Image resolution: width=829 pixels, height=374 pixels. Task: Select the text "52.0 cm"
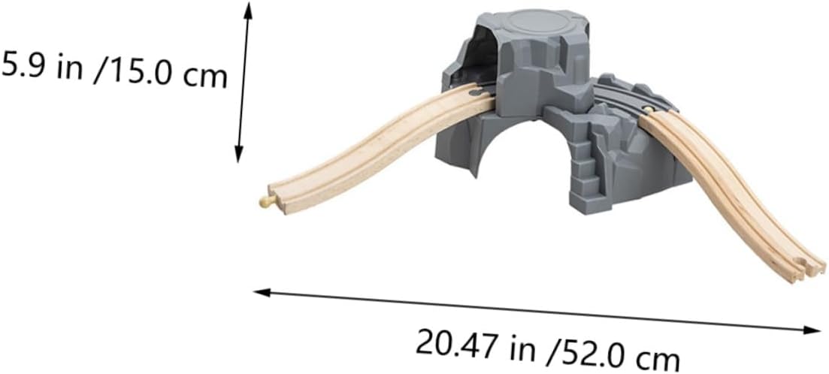[x=619, y=356]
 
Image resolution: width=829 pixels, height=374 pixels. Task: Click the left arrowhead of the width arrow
[x=262, y=292]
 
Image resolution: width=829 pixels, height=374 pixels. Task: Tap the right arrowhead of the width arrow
[x=812, y=330]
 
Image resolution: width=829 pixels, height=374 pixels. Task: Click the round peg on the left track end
[x=265, y=201]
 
